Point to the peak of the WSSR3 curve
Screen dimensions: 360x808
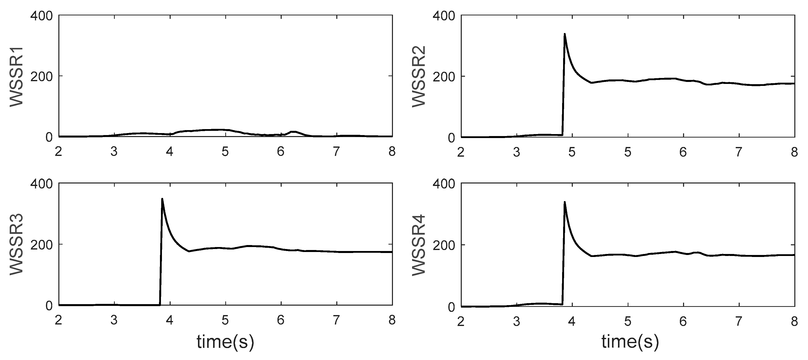[162, 199]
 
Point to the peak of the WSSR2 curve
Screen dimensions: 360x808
[565, 34]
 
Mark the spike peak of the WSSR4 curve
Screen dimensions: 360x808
[565, 202]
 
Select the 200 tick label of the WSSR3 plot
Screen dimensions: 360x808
[41, 244]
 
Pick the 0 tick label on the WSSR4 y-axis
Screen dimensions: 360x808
[451, 307]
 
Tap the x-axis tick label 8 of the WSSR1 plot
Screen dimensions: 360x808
[392, 152]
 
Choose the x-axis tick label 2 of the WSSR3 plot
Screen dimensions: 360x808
[58, 320]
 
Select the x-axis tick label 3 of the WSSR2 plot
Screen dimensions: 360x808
[516, 152]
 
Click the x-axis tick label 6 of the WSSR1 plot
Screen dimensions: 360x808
[280, 152]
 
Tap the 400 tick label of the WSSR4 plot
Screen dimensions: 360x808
[444, 184]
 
